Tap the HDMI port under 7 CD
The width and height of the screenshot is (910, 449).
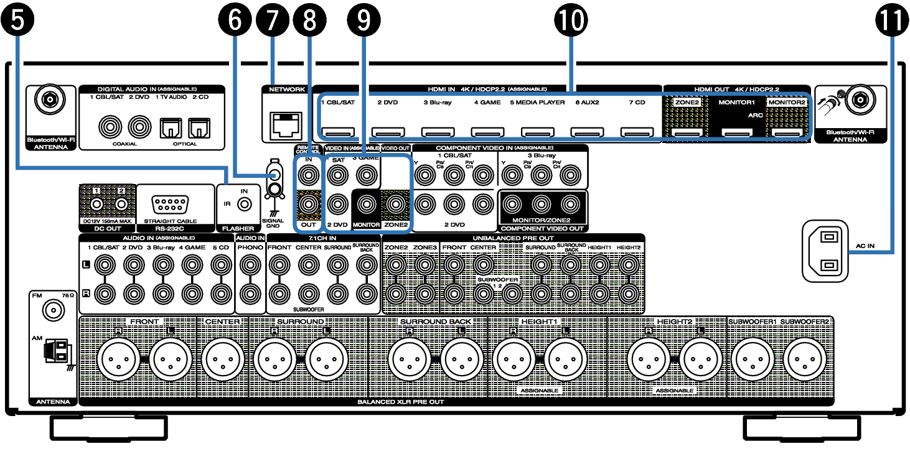click(x=637, y=132)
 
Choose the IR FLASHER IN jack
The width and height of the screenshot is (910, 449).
click(x=246, y=203)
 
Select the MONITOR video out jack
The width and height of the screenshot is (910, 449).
click(x=366, y=203)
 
